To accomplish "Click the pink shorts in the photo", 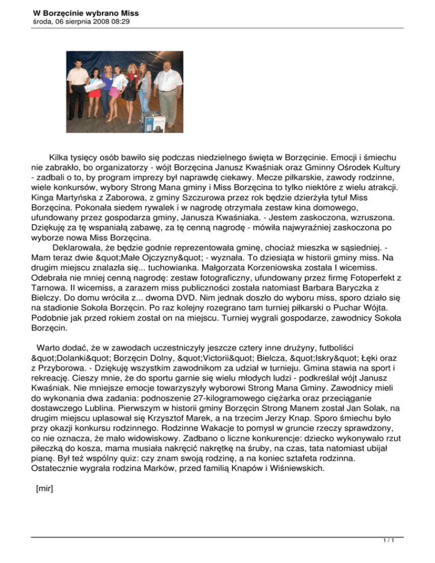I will point(114,92).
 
